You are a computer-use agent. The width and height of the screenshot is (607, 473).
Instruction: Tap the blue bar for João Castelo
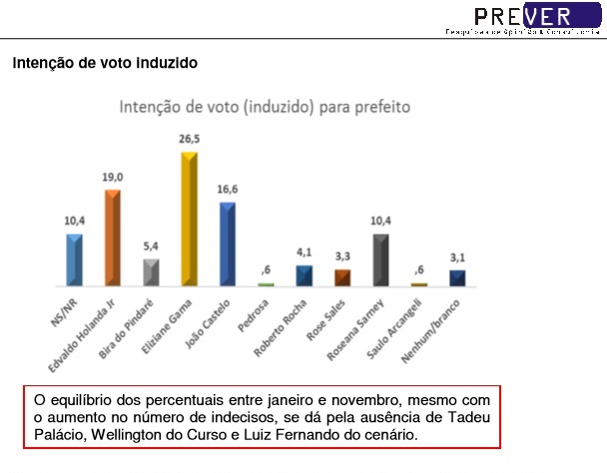228,244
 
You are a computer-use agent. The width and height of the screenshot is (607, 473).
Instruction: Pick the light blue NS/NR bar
74,260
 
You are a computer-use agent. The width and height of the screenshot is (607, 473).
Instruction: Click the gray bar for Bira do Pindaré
151,272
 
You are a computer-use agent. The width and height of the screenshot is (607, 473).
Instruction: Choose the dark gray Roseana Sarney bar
380,260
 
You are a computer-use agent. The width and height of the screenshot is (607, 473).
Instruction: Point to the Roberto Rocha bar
303,276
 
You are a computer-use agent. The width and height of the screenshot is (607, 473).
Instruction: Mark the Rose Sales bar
342,278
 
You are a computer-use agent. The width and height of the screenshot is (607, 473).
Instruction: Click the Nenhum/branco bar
457,278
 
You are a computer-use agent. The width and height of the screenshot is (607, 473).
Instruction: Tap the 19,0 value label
112,177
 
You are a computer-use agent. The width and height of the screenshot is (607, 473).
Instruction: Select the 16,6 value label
228,189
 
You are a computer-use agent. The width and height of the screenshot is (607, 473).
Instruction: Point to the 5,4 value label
151,245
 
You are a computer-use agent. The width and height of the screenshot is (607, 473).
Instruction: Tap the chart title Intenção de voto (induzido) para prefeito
265,105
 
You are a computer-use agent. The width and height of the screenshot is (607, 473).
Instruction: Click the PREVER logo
519,16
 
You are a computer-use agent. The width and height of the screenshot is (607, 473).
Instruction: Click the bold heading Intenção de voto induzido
105,63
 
